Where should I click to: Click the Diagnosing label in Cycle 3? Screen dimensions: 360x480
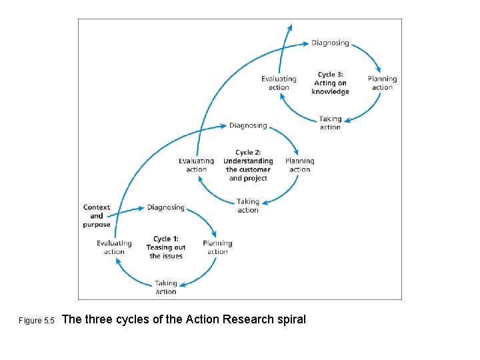click(x=330, y=43)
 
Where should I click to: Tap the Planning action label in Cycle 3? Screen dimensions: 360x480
click(x=382, y=83)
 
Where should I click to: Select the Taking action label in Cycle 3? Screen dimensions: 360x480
click(x=330, y=123)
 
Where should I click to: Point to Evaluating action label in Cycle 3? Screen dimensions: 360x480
click(x=279, y=83)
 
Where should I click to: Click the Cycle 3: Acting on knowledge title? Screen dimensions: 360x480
click(x=331, y=83)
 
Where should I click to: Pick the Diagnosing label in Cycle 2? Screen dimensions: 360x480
click(x=248, y=125)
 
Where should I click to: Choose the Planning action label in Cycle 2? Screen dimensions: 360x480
click(x=300, y=165)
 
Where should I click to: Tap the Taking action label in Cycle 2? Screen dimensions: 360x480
click(x=248, y=205)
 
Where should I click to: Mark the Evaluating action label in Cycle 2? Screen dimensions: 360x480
click(x=197, y=165)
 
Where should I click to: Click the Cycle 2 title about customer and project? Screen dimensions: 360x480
click(x=248, y=165)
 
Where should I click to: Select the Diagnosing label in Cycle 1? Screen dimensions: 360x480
click(x=166, y=207)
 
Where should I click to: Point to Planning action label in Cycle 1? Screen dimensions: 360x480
click(x=217, y=247)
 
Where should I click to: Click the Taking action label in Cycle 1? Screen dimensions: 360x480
click(x=166, y=287)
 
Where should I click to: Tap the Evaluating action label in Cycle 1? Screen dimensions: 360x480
click(x=114, y=247)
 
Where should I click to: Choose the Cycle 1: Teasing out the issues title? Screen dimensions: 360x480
click(x=166, y=247)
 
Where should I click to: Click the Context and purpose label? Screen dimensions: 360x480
click(x=97, y=216)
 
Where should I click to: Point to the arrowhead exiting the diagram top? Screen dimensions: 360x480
click(x=290, y=27)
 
